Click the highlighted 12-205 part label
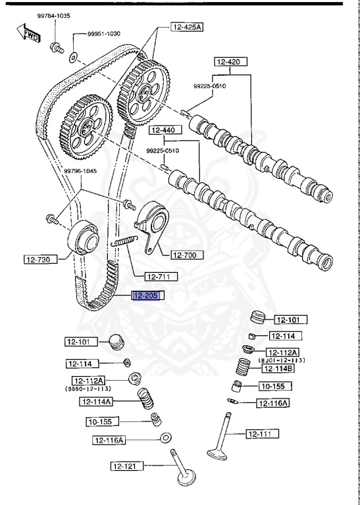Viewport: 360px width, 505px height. [147, 296]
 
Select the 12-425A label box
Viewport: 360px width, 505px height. [188, 27]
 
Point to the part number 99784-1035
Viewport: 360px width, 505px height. [54, 14]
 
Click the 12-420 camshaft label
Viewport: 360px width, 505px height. [230, 62]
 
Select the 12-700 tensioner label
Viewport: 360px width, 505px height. [187, 254]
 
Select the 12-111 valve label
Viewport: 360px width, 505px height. [263, 433]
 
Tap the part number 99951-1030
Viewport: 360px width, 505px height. [105, 34]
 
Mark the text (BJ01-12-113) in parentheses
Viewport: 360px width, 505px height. [282, 360]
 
